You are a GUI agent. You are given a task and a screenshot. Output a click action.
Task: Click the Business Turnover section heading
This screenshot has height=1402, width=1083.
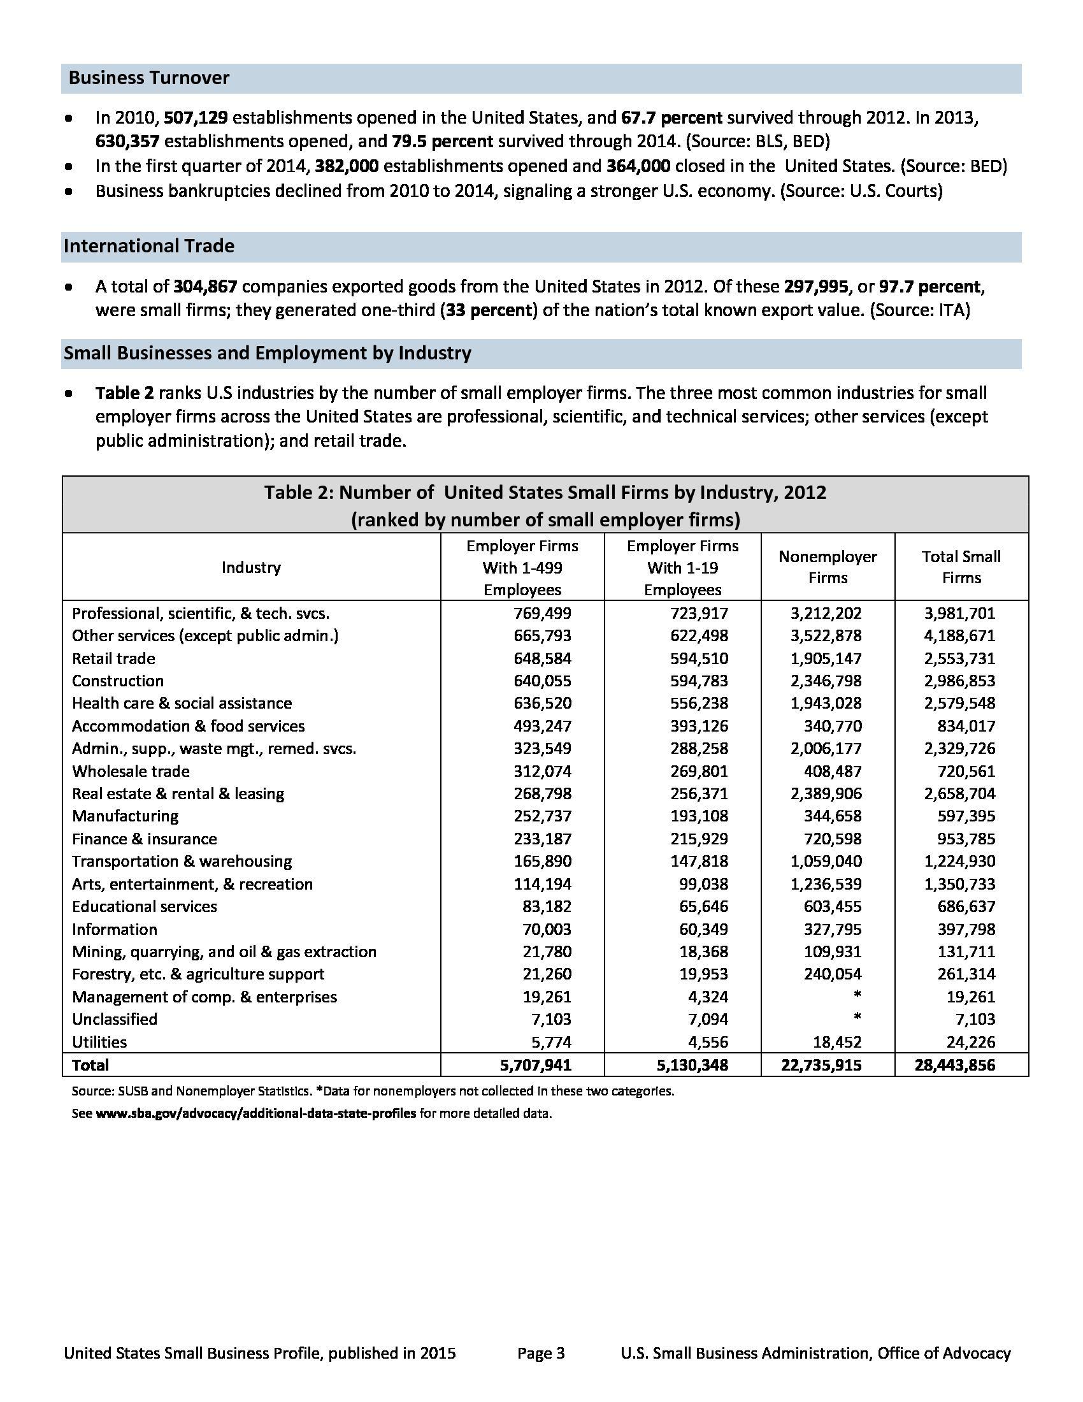point(149,78)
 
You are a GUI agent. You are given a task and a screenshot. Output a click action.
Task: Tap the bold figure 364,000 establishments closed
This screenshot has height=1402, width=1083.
point(638,166)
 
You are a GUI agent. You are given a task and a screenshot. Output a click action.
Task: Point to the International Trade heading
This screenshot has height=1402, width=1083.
point(149,247)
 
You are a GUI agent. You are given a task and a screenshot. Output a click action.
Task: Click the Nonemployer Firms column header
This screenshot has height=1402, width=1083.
point(827,567)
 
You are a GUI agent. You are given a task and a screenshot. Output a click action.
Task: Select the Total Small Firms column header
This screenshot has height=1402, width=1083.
point(961,567)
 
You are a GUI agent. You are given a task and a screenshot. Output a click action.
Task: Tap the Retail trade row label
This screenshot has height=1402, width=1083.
point(113,659)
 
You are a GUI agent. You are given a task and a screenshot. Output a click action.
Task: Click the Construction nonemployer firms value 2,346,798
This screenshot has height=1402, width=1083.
point(826,681)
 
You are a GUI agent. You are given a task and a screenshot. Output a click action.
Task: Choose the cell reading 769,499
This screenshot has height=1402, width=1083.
point(542,614)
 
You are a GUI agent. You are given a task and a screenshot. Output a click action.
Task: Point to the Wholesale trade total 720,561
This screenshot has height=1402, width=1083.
point(966,771)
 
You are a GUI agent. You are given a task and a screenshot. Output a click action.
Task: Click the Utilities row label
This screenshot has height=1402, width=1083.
point(99,1042)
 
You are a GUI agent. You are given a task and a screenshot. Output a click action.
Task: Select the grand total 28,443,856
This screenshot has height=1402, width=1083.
point(955,1066)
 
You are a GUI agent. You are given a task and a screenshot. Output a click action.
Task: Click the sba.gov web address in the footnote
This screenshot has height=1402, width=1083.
point(255,1114)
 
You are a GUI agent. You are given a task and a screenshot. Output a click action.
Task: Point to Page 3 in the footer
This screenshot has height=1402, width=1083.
point(541,1353)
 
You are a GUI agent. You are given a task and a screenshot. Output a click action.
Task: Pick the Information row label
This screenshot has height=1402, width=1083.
point(114,930)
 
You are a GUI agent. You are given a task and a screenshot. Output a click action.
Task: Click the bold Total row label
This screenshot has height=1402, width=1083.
point(90,1066)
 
